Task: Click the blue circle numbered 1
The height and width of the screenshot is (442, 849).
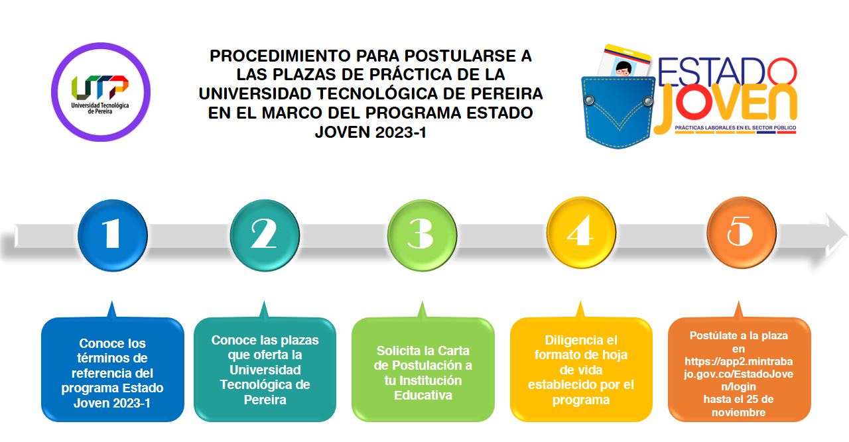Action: (x=113, y=235)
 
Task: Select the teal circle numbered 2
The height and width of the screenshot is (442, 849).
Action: (x=265, y=235)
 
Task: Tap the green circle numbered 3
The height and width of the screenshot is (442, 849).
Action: (x=423, y=235)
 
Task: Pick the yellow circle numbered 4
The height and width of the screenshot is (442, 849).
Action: (x=581, y=232)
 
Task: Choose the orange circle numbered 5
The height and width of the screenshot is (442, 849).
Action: (x=742, y=232)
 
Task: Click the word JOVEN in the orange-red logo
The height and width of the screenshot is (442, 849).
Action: (x=726, y=104)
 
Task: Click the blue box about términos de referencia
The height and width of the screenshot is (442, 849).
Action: (x=113, y=369)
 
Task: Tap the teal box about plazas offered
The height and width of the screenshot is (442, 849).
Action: (x=265, y=369)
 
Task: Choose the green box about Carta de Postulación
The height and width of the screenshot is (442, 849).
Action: (x=423, y=369)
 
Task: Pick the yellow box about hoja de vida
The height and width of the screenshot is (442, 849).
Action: (x=581, y=369)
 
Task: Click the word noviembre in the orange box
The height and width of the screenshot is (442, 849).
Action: (x=738, y=412)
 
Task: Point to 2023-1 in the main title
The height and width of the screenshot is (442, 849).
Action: (x=401, y=132)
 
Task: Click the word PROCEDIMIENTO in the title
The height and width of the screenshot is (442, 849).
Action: (x=280, y=56)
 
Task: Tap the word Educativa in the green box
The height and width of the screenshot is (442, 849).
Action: (x=423, y=396)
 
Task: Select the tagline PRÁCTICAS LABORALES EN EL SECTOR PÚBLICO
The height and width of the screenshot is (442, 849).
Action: (x=736, y=128)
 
